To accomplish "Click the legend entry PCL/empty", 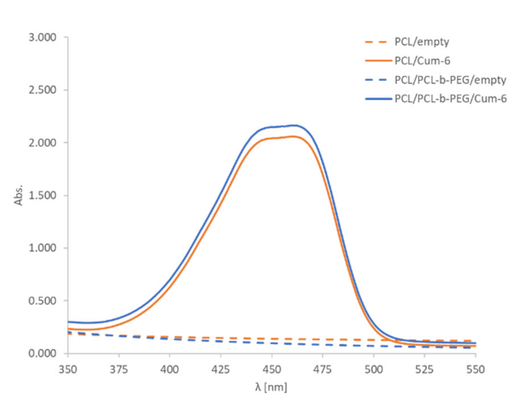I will [x=421, y=42].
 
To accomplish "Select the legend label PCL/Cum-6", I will [x=422, y=61].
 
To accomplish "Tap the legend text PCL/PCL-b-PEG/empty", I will [x=450, y=80].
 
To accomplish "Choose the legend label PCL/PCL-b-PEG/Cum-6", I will [x=450, y=99].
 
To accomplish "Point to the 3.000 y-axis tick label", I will [x=42, y=37].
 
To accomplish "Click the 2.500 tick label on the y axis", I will [x=42, y=90].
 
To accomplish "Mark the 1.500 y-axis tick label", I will [x=42, y=195].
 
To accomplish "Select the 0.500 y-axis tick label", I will [x=42, y=301].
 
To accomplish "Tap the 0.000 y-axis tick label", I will [x=42, y=353].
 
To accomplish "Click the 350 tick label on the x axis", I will [x=68, y=370].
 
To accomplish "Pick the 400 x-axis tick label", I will [x=170, y=370].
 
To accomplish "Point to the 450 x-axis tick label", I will [x=272, y=370].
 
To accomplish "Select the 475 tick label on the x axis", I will [x=322, y=370].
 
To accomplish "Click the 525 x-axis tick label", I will [x=424, y=370].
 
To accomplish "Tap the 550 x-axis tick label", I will [x=475, y=370].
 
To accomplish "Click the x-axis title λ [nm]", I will [x=271, y=387].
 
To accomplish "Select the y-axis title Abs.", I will [x=18, y=195].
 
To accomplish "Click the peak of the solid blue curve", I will [x=294, y=125].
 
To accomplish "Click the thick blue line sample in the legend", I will [x=378, y=99].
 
